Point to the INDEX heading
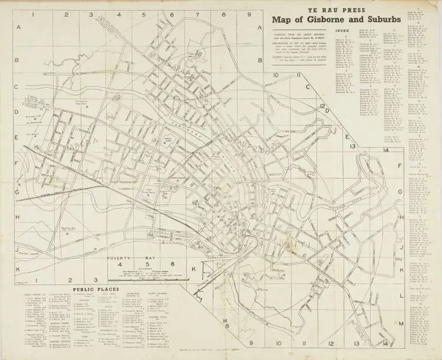pos(342,29)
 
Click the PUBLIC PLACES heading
pos(95,289)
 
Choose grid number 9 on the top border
pos(249,15)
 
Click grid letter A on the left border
pos(18,27)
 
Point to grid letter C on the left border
pos(18,86)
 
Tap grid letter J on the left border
pos(18,248)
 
